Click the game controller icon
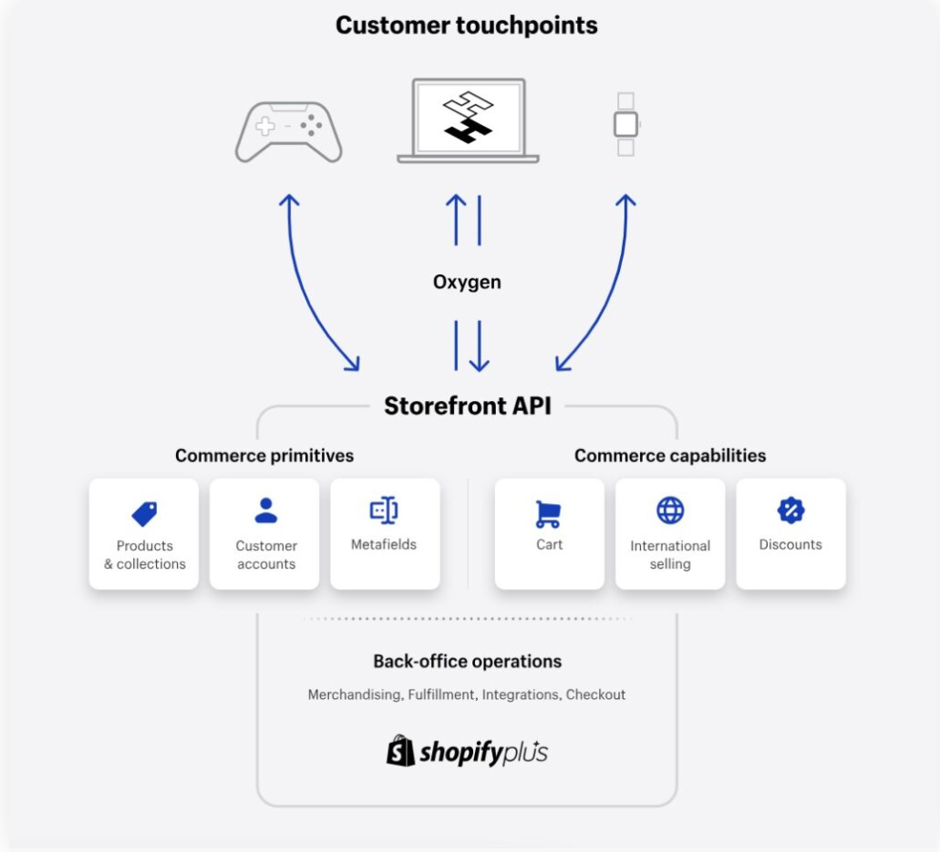click(x=288, y=131)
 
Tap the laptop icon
click(x=468, y=120)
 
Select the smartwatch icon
click(x=625, y=124)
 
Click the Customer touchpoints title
click(x=466, y=25)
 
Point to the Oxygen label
click(x=467, y=282)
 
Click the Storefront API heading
click(x=467, y=405)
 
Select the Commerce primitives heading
click(x=264, y=455)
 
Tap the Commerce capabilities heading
click(x=670, y=455)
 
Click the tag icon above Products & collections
click(x=144, y=513)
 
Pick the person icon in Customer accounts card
click(x=265, y=510)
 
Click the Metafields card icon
click(x=384, y=511)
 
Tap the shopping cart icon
click(x=548, y=513)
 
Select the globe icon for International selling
click(x=670, y=510)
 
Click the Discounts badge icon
click(x=790, y=510)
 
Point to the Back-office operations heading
click(x=467, y=661)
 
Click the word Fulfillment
click(x=441, y=694)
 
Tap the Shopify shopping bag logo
click(x=401, y=751)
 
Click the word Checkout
click(x=595, y=694)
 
